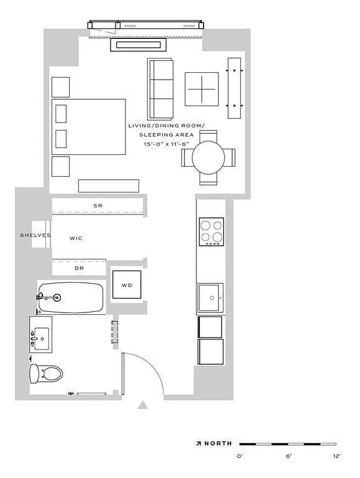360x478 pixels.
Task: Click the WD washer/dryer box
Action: (x=127, y=285)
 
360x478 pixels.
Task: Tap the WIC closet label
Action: (x=76, y=238)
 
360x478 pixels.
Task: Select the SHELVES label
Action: (x=35, y=235)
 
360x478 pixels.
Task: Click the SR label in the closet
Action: (x=98, y=206)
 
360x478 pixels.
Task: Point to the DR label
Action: (x=79, y=269)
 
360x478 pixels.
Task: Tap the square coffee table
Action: (x=202, y=89)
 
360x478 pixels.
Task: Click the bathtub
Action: (x=71, y=297)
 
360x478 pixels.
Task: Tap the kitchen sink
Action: (x=210, y=298)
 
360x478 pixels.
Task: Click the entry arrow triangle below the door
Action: (x=143, y=406)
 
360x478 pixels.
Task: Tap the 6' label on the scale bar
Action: (x=288, y=456)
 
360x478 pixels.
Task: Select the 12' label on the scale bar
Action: (x=336, y=456)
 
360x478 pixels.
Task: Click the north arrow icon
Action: (x=198, y=443)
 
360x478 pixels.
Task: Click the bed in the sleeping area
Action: (x=90, y=127)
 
